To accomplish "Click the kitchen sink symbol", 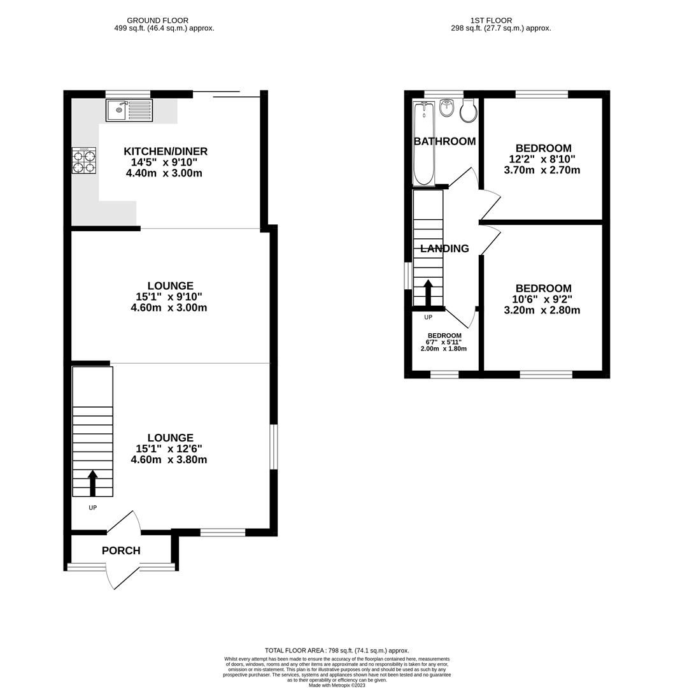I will tap(130, 111).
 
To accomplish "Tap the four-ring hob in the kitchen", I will tap(84, 161).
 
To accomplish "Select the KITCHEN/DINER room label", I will tap(166, 151).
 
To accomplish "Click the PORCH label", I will tap(121, 550).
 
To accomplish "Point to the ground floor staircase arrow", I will tap(93, 483).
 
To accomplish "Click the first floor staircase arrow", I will tap(428, 292).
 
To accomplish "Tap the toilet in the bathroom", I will tap(468, 111).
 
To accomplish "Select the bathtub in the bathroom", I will tap(423, 143).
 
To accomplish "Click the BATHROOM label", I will tap(444, 141).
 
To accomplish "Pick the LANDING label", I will tap(444, 248).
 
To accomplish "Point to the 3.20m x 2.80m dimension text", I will tap(542, 310).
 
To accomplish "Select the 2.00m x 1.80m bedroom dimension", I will tap(444, 348).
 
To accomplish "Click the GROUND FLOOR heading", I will tap(157, 20).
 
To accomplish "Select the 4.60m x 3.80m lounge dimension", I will tap(169, 459).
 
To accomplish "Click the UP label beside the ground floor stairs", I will tap(92, 508).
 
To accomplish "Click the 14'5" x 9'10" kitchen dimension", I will tap(166, 162).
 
